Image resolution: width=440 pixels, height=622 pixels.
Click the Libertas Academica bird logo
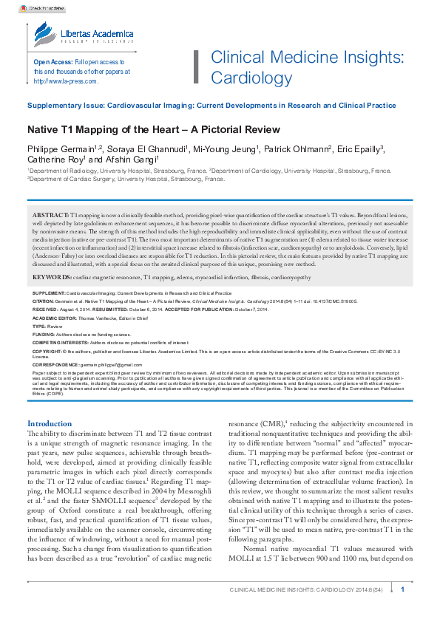(x=43, y=35)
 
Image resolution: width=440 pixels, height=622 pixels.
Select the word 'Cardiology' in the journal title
(x=243, y=78)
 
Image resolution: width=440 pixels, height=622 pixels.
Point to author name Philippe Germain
(x=59, y=149)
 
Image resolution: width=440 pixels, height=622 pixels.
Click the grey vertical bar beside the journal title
(x=196, y=67)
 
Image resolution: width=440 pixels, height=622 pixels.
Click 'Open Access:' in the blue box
(x=53, y=62)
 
